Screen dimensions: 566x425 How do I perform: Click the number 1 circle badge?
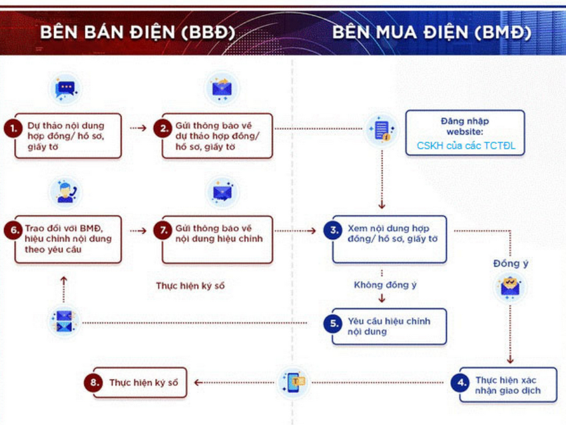click(x=13, y=129)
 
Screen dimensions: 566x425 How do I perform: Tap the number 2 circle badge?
click(x=162, y=129)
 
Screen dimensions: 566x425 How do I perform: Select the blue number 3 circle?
click(x=333, y=230)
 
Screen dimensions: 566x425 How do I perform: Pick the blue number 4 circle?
click(x=461, y=382)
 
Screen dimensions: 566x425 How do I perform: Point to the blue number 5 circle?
click(x=333, y=323)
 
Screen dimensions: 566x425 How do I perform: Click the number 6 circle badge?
click(x=13, y=230)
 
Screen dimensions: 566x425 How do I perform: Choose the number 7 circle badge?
click(x=162, y=230)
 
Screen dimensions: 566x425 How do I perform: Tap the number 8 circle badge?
click(x=93, y=382)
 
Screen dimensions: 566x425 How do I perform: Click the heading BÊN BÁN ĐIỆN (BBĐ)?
click(x=138, y=32)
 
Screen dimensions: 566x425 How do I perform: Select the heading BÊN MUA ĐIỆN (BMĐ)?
click(x=431, y=32)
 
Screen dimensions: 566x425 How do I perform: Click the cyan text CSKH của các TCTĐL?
click(x=465, y=145)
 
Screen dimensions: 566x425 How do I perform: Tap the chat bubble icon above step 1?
click(x=65, y=89)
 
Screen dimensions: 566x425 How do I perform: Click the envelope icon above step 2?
click(x=222, y=87)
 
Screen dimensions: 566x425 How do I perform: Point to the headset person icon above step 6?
click(x=65, y=193)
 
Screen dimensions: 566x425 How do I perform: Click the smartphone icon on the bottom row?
click(x=294, y=382)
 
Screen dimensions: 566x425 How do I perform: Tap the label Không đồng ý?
click(x=385, y=285)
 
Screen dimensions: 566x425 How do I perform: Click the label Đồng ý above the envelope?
click(x=511, y=264)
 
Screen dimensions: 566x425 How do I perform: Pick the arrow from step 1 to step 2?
click(x=139, y=128)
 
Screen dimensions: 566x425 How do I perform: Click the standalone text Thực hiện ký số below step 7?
click(x=190, y=286)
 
